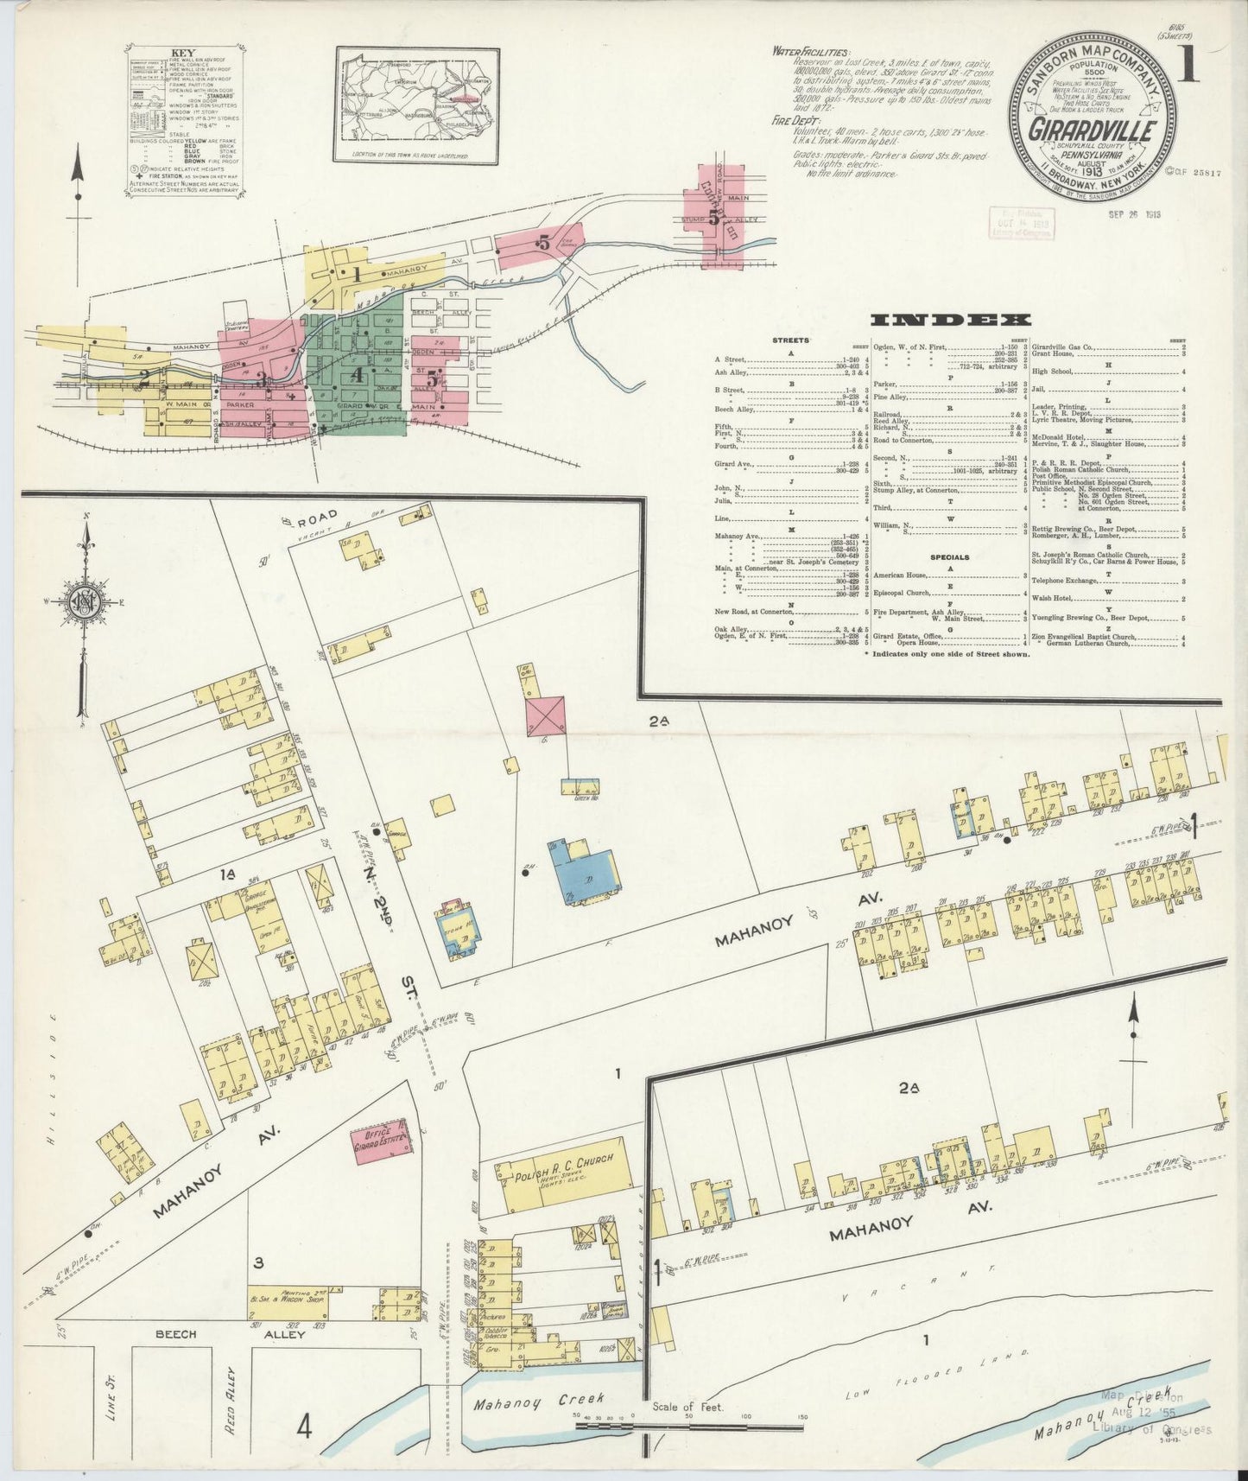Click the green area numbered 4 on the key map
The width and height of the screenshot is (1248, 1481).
357,377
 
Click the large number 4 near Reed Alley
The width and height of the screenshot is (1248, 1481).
304,1427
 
